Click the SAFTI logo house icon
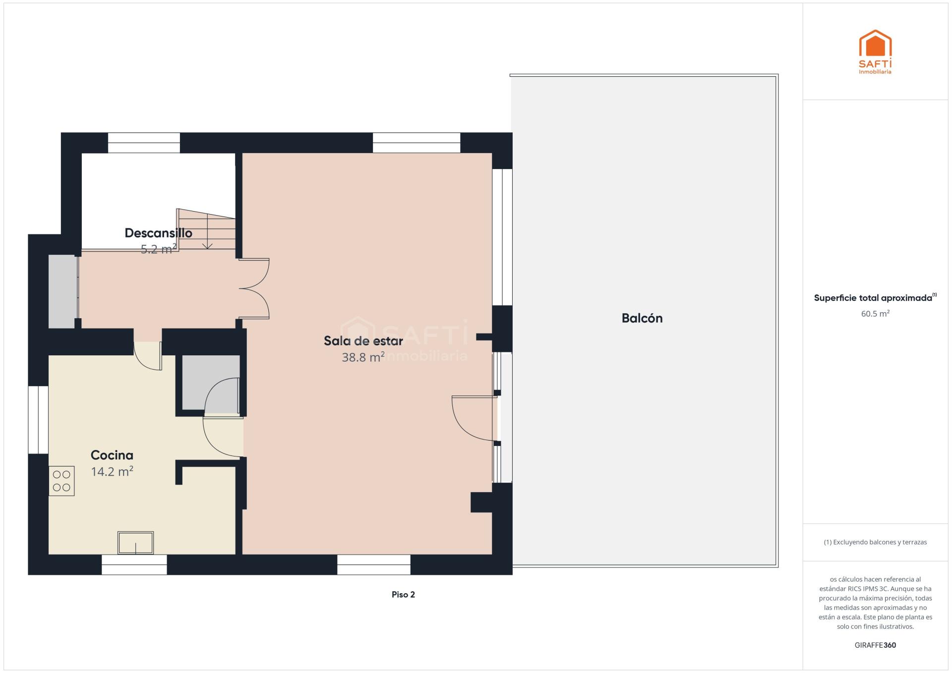875,44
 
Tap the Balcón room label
642,318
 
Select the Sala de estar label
363,341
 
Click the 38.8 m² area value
363,357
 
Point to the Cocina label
112,455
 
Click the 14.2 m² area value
112,471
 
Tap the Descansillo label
159,233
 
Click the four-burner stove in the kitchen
61,481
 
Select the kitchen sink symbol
135,543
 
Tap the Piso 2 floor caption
403,595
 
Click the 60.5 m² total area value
875,314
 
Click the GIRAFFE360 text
875,645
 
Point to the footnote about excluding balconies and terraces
875,542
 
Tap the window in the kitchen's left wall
38,420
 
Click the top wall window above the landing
144,143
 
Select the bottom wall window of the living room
374,564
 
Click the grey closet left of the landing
63,291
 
